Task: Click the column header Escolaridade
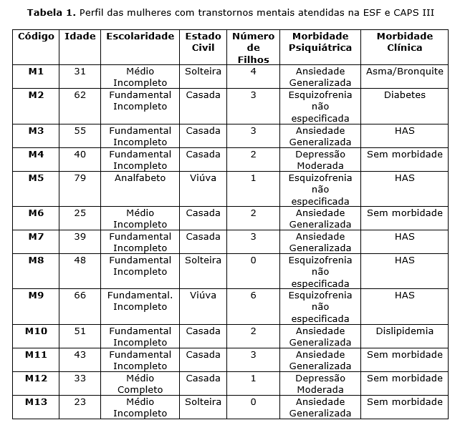pos(140,36)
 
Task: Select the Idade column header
pos(80,36)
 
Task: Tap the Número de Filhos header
pos(253,48)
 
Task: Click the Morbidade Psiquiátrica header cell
pos(320,42)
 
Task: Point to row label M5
pos(36,178)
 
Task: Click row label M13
pos(36,402)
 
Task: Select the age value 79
pos(80,178)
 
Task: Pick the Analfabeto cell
pos(140,178)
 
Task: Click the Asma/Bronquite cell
pos(404,72)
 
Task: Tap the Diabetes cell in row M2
pos(404,95)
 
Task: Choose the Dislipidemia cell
pos(404,331)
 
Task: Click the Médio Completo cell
pos(140,384)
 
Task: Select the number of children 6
pos(253,295)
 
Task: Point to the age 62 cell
pos(80,95)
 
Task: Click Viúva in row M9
pos(203,295)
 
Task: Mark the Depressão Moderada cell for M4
pos(320,160)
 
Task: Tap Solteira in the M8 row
pos(203,260)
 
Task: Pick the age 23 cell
pos(80,402)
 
